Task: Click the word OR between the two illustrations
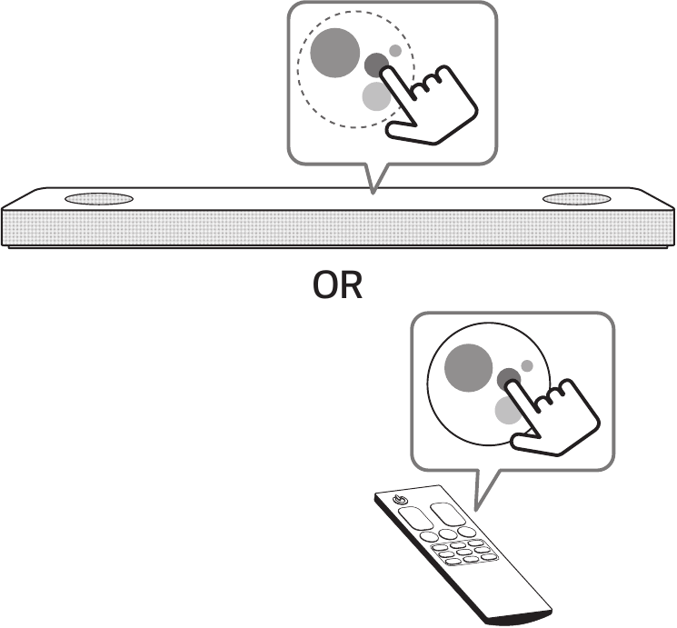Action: coord(338,286)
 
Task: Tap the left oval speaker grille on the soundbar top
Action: coord(99,199)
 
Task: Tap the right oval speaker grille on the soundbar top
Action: coord(576,199)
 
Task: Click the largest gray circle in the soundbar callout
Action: coord(335,53)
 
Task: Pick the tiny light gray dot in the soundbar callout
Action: coord(395,51)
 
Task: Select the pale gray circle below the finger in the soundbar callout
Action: coord(375,96)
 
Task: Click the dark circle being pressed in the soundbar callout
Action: coord(376,65)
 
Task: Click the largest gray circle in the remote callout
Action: coord(469,368)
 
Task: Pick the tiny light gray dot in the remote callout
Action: coord(527,366)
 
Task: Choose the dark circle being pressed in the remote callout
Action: coord(509,380)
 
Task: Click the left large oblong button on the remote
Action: coord(416,518)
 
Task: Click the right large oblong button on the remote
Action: coord(447,513)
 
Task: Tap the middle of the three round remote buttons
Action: coord(448,534)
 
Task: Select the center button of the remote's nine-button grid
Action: coord(463,552)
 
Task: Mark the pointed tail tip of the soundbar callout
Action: coord(373,193)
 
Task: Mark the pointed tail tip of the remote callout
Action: coord(476,510)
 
